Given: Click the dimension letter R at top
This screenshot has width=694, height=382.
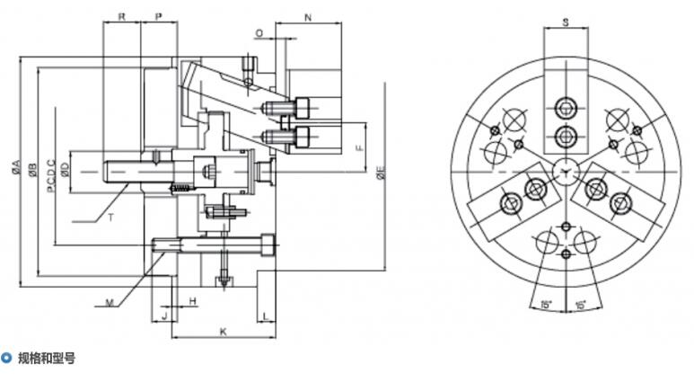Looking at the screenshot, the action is [122, 17].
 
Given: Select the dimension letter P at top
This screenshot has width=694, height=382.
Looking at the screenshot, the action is [158, 17].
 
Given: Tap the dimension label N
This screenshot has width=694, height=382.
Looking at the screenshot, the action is [309, 18].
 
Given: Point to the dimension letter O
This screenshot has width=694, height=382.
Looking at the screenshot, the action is [259, 33].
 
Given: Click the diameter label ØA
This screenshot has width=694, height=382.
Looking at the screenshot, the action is [16, 167].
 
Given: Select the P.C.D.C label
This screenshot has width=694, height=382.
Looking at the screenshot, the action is [51, 175].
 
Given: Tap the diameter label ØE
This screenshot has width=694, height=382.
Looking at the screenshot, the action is [382, 172].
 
